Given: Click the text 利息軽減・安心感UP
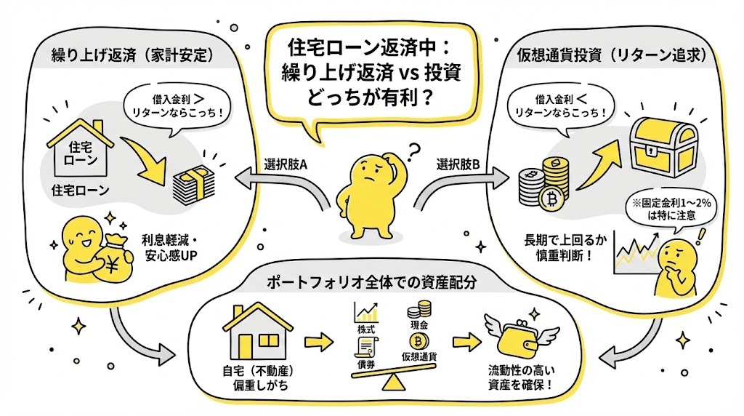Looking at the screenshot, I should (x=168, y=246).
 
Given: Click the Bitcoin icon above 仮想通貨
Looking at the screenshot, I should (x=418, y=342).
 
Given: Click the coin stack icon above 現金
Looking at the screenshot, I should (x=419, y=311).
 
